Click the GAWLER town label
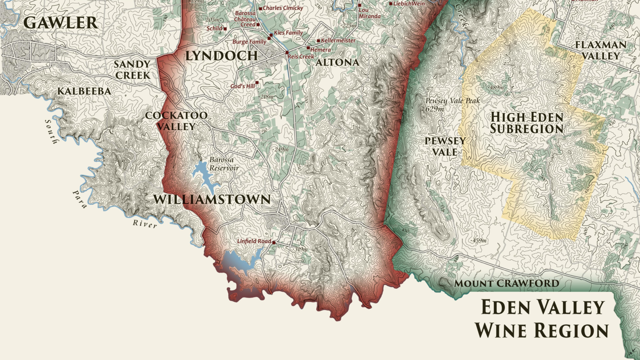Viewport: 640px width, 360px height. [x=61, y=23]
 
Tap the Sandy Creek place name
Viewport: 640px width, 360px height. [x=132, y=70]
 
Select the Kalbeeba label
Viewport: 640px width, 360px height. [x=84, y=91]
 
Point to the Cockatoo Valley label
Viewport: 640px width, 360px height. [x=176, y=121]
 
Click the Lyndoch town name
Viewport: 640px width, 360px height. [x=221, y=56]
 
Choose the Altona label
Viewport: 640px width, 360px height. [x=337, y=62]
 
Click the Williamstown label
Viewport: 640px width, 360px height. [x=212, y=200]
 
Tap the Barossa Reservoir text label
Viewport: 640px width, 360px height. [x=224, y=164]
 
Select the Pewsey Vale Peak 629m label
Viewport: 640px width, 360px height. [x=452, y=105]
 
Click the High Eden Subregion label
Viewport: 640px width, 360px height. [x=527, y=123]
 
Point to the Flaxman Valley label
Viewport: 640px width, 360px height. [x=600, y=50]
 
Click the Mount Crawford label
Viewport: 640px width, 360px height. [x=506, y=284]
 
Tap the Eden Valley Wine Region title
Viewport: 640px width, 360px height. [x=542, y=319]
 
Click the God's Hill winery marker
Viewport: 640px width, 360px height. [x=257, y=83]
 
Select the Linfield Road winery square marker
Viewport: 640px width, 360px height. [x=274, y=242]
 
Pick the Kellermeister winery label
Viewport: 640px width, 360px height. [x=338, y=40]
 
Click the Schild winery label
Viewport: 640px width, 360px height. [x=215, y=28]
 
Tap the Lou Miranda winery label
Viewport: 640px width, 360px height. [x=369, y=13]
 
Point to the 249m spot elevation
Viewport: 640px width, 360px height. [x=281, y=150]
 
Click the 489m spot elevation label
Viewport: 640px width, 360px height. [x=496, y=87]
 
